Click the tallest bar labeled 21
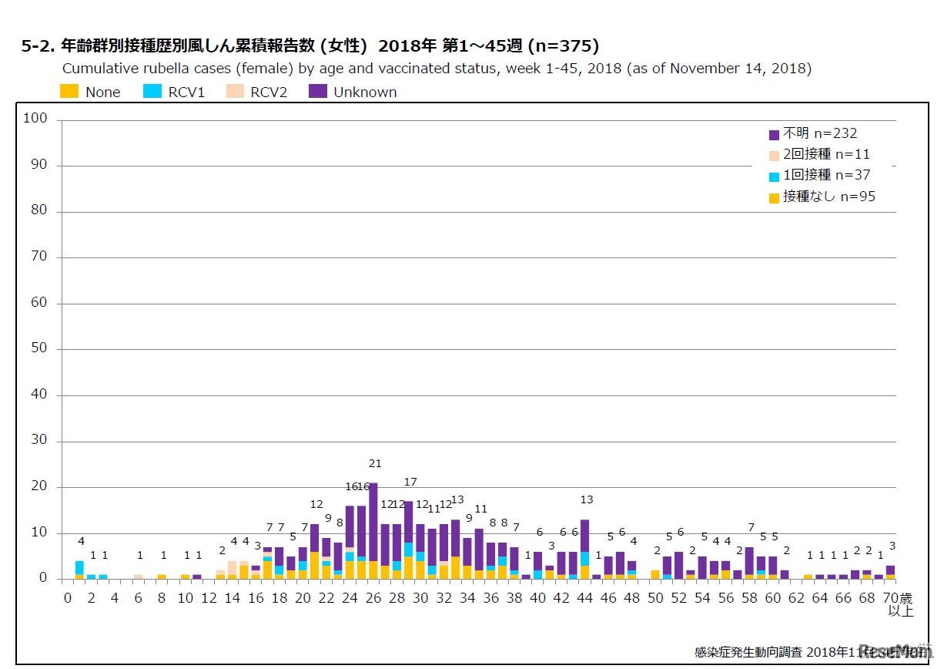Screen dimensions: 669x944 [x=373, y=532]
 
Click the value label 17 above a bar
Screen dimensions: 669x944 [x=410, y=482]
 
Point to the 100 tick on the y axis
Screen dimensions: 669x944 [x=35, y=119]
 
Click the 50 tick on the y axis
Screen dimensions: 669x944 [x=38, y=348]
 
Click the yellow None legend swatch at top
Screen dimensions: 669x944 [x=69, y=92]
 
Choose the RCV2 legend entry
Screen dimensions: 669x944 [x=256, y=92]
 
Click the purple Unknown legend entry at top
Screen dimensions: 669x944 [x=352, y=92]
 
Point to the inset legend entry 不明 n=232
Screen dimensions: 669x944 [x=813, y=133]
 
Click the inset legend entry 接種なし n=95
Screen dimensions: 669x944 [x=822, y=197]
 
